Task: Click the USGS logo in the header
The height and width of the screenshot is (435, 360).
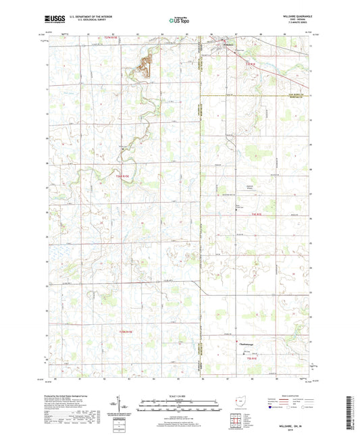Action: pyautogui.click(x=55, y=20)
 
